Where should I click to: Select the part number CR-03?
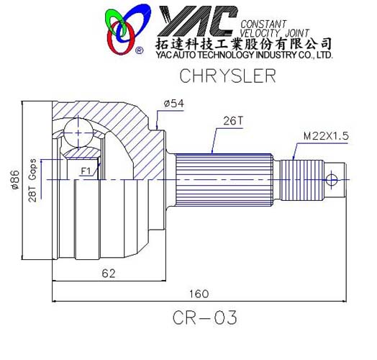click(205, 317)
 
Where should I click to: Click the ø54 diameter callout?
click(174, 104)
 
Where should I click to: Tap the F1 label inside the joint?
click(86, 171)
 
